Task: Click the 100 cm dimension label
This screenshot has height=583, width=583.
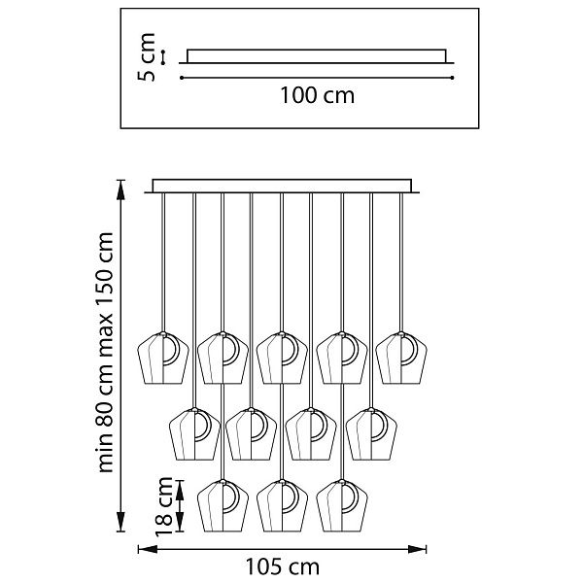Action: tap(317, 95)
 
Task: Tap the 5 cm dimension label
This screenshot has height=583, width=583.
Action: tap(147, 57)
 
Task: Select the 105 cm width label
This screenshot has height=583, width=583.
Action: tap(282, 567)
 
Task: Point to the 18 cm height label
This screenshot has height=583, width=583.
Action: tap(164, 506)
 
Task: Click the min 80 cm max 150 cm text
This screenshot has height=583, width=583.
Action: tap(105, 353)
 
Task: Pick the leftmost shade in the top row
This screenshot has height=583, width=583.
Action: tap(163, 358)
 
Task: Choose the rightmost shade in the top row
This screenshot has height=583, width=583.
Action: tap(401, 358)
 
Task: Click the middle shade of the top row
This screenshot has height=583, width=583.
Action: tap(282, 358)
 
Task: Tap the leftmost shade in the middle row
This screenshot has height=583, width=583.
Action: tap(194, 434)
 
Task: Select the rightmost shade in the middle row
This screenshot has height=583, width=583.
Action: tap(371, 434)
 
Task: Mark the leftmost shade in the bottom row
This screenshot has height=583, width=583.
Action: tap(223, 505)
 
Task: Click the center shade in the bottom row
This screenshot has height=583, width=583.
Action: tap(282, 505)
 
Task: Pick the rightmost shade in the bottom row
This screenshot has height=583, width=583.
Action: tap(342, 505)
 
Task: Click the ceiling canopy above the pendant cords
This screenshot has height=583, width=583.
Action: tap(282, 187)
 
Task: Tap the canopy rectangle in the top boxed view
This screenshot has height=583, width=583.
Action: tap(317, 56)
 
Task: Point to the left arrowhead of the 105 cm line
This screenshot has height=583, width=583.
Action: tap(148, 549)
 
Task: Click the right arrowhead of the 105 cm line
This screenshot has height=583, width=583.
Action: tap(417, 549)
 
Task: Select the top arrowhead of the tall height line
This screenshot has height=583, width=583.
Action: tap(120, 190)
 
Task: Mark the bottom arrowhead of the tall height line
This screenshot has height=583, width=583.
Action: tap(120, 521)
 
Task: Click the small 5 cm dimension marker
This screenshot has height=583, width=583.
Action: tap(163, 57)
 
